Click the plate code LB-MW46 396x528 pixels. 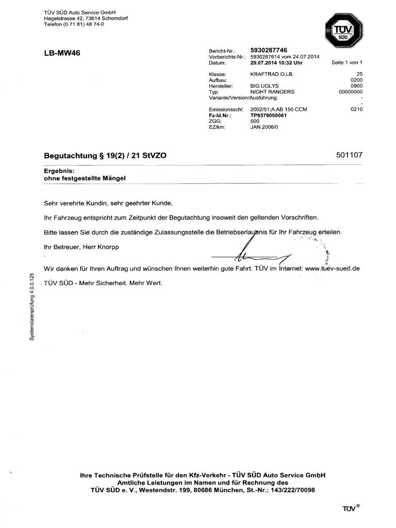coord(62,53)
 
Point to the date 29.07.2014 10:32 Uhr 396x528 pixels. coord(276,62)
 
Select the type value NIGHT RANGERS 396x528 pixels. coord(272,92)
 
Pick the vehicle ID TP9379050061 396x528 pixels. coord(268,115)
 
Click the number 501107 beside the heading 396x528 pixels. coord(349,154)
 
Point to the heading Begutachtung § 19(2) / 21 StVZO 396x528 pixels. coord(105,155)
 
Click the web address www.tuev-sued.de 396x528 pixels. coord(332,269)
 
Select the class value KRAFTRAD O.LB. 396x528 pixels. coord(271,74)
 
